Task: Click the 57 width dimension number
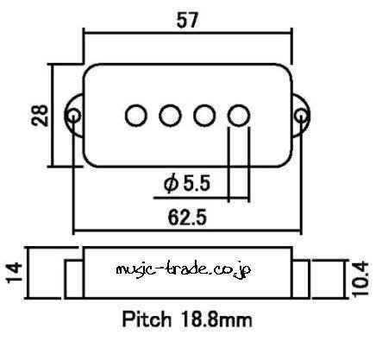pyautogui.click(x=187, y=20)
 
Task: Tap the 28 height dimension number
pyautogui.click(x=40, y=116)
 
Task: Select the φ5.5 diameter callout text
pyautogui.click(x=187, y=184)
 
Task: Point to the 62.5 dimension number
pyautogui.click(x=187, y=218)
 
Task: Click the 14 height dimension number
pyautogui.click(x=15, y=273)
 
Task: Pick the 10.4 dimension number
pyautogui.click(x=360, y=279)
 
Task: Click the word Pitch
pyautogui.click(x=147, y=319)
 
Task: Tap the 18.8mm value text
pyautogui.click(x=216, y=319)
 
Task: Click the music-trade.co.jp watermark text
pyautogui.click(x=184, y=269)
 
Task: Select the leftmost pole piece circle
pyautogui.click(x=136, y=116)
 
